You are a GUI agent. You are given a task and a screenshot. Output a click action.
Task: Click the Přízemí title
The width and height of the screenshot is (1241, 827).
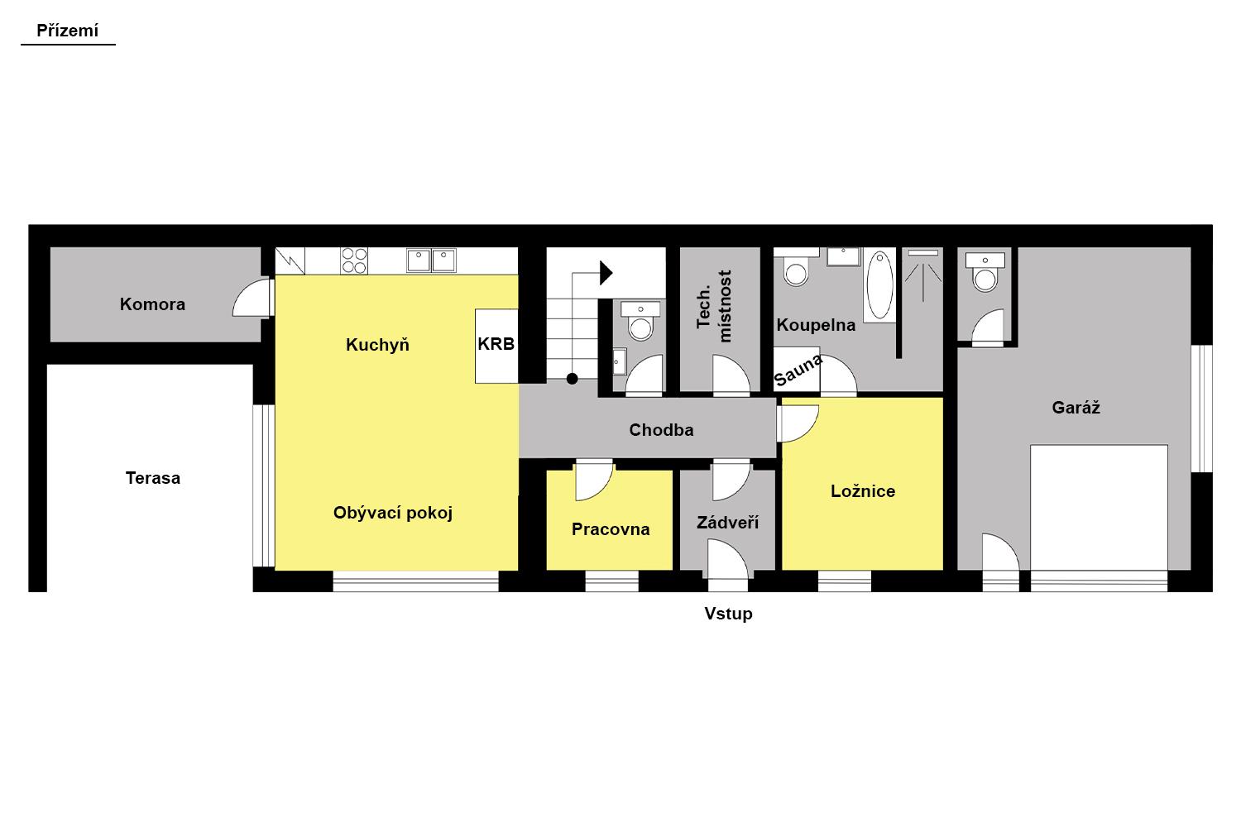tap(68, 31)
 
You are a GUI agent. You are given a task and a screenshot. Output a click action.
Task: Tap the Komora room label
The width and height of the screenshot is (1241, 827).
tap(152, 304)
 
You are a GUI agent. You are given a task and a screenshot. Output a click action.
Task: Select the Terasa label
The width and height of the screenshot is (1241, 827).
tap(153, 478)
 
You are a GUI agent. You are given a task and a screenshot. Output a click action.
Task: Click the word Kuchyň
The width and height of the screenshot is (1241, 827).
tap(377, 344)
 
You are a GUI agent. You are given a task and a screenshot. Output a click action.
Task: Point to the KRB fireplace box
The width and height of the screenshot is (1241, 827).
tap(496, 346)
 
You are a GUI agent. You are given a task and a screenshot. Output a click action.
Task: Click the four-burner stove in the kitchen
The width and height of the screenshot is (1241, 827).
tap(354, 261)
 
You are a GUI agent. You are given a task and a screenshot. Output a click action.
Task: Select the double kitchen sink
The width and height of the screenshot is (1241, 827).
tap(432, 261)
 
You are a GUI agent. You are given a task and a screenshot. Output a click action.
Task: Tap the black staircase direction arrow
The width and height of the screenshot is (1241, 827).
tap(606, 273)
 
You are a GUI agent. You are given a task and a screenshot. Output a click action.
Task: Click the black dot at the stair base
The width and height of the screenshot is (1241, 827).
tap(573, 379)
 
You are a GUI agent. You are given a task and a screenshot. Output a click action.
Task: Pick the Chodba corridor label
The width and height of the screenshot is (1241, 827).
tap(661, 430)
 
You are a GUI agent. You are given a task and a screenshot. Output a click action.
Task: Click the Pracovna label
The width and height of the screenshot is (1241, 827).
tap(611, 529)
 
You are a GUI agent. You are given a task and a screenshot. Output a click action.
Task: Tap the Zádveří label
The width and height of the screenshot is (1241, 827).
tap(727, 522)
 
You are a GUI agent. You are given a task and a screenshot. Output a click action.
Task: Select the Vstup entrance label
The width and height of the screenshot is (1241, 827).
tap(729, 614)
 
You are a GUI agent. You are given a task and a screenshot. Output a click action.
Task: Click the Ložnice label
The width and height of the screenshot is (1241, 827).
tap(863, 490)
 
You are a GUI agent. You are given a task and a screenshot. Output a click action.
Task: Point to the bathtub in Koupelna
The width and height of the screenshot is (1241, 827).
tap(879, 284)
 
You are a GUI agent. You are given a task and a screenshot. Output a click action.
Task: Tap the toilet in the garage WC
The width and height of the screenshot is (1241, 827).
tap(985, 272)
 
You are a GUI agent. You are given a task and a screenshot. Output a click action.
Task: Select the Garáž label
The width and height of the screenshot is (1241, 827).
tap(1076, 408)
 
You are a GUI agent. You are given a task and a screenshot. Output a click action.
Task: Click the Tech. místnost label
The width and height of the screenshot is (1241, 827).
tap(714, 306)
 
